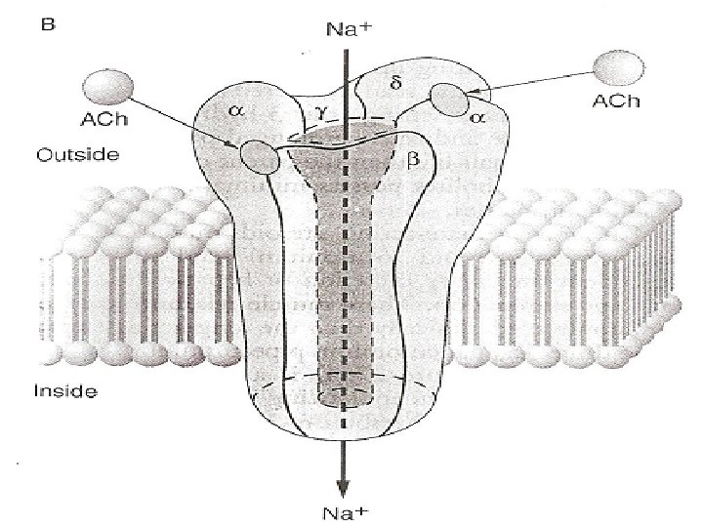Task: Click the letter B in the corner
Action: (x=47, y=27)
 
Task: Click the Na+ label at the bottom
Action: (x=345, y=510)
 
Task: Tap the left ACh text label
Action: (x=103, y=121)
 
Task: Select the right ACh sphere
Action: (x=619, y=67)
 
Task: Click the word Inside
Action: (x=65, y=392)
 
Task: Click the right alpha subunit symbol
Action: (x=477, y=116)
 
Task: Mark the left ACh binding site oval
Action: (x=257, y=156)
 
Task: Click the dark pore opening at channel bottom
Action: (x=345, y=395)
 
